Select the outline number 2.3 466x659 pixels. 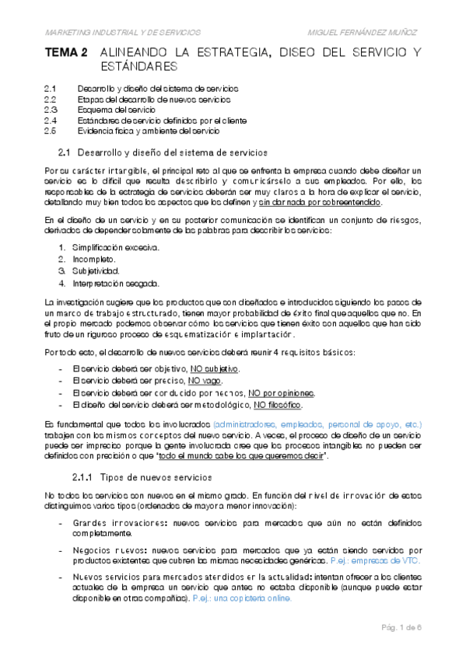point(51,110)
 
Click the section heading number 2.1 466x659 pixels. point(65,151)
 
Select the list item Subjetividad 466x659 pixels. point(96,271)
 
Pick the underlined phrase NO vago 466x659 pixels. point(206,380)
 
